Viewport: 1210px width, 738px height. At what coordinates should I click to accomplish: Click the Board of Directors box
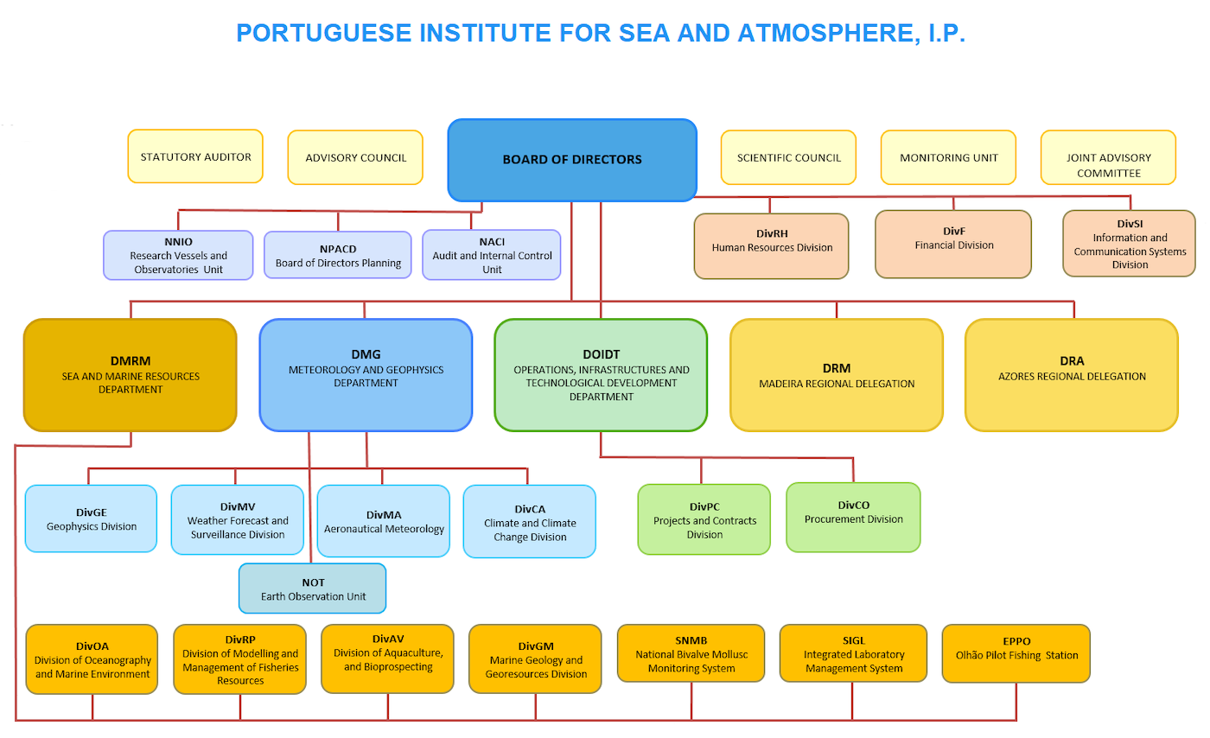(x=572, y=160)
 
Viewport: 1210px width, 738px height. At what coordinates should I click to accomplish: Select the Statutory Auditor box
(x=195, y=156)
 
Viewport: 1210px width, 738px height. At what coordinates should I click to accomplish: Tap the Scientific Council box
(x=788, y=158)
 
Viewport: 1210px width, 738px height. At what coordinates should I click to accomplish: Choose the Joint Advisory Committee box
(x=1108, y=158)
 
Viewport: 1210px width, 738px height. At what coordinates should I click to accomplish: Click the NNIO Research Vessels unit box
(x=178, y=255)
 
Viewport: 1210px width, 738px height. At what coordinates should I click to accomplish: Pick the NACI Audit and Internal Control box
(x=492, y=255)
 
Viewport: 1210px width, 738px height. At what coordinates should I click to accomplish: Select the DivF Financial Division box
(x=953, y=245)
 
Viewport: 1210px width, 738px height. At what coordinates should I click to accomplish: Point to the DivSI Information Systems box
(x=1130, y=244)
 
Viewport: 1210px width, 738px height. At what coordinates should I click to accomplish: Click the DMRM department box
(x=131, y=375)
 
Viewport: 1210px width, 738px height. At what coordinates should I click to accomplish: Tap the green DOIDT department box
(x=601, y=375)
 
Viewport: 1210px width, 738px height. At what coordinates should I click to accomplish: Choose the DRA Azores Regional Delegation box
(x=1072, y=375)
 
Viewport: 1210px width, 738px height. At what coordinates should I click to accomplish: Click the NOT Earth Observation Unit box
(x=313, y=588)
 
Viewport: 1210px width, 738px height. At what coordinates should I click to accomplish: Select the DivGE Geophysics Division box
(x=92, y=519)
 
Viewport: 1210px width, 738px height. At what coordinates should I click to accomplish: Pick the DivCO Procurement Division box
(x=854, y=518)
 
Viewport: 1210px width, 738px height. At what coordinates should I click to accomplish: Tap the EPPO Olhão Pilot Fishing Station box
(x=1016, y=653)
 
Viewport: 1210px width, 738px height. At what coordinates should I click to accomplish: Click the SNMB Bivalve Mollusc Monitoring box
(x=691, y=653)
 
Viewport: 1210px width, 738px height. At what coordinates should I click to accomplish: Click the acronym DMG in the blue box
(x=366, y=354)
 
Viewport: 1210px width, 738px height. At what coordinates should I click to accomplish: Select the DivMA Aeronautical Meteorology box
(x=384, y=521)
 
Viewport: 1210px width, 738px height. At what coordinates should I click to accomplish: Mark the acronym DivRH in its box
(x=772, y=233)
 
